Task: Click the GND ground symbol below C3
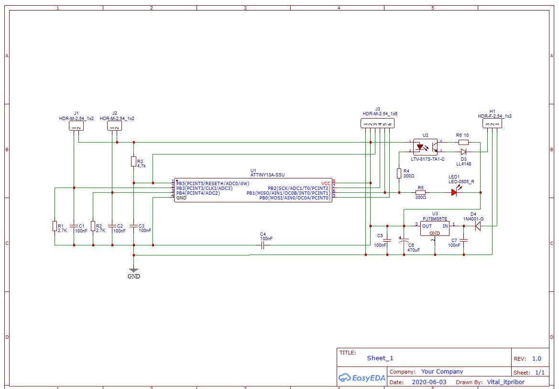click(134, 270)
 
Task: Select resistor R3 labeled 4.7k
click(134, 162)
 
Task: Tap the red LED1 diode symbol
click(454, 192)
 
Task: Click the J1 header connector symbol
click(76, 126)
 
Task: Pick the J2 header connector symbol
click(114, 126)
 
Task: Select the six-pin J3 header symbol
click(378, 123)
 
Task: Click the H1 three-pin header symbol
click(492, 123)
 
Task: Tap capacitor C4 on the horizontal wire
click(263, 245)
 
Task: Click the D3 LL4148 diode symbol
click(463, 152)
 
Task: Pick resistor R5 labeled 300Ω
click(420, 192)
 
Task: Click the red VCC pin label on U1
click(326, 183)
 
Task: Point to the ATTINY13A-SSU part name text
click(267, 175)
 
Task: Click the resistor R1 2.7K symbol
click(55, 226)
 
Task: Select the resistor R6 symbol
click(463, 142)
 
